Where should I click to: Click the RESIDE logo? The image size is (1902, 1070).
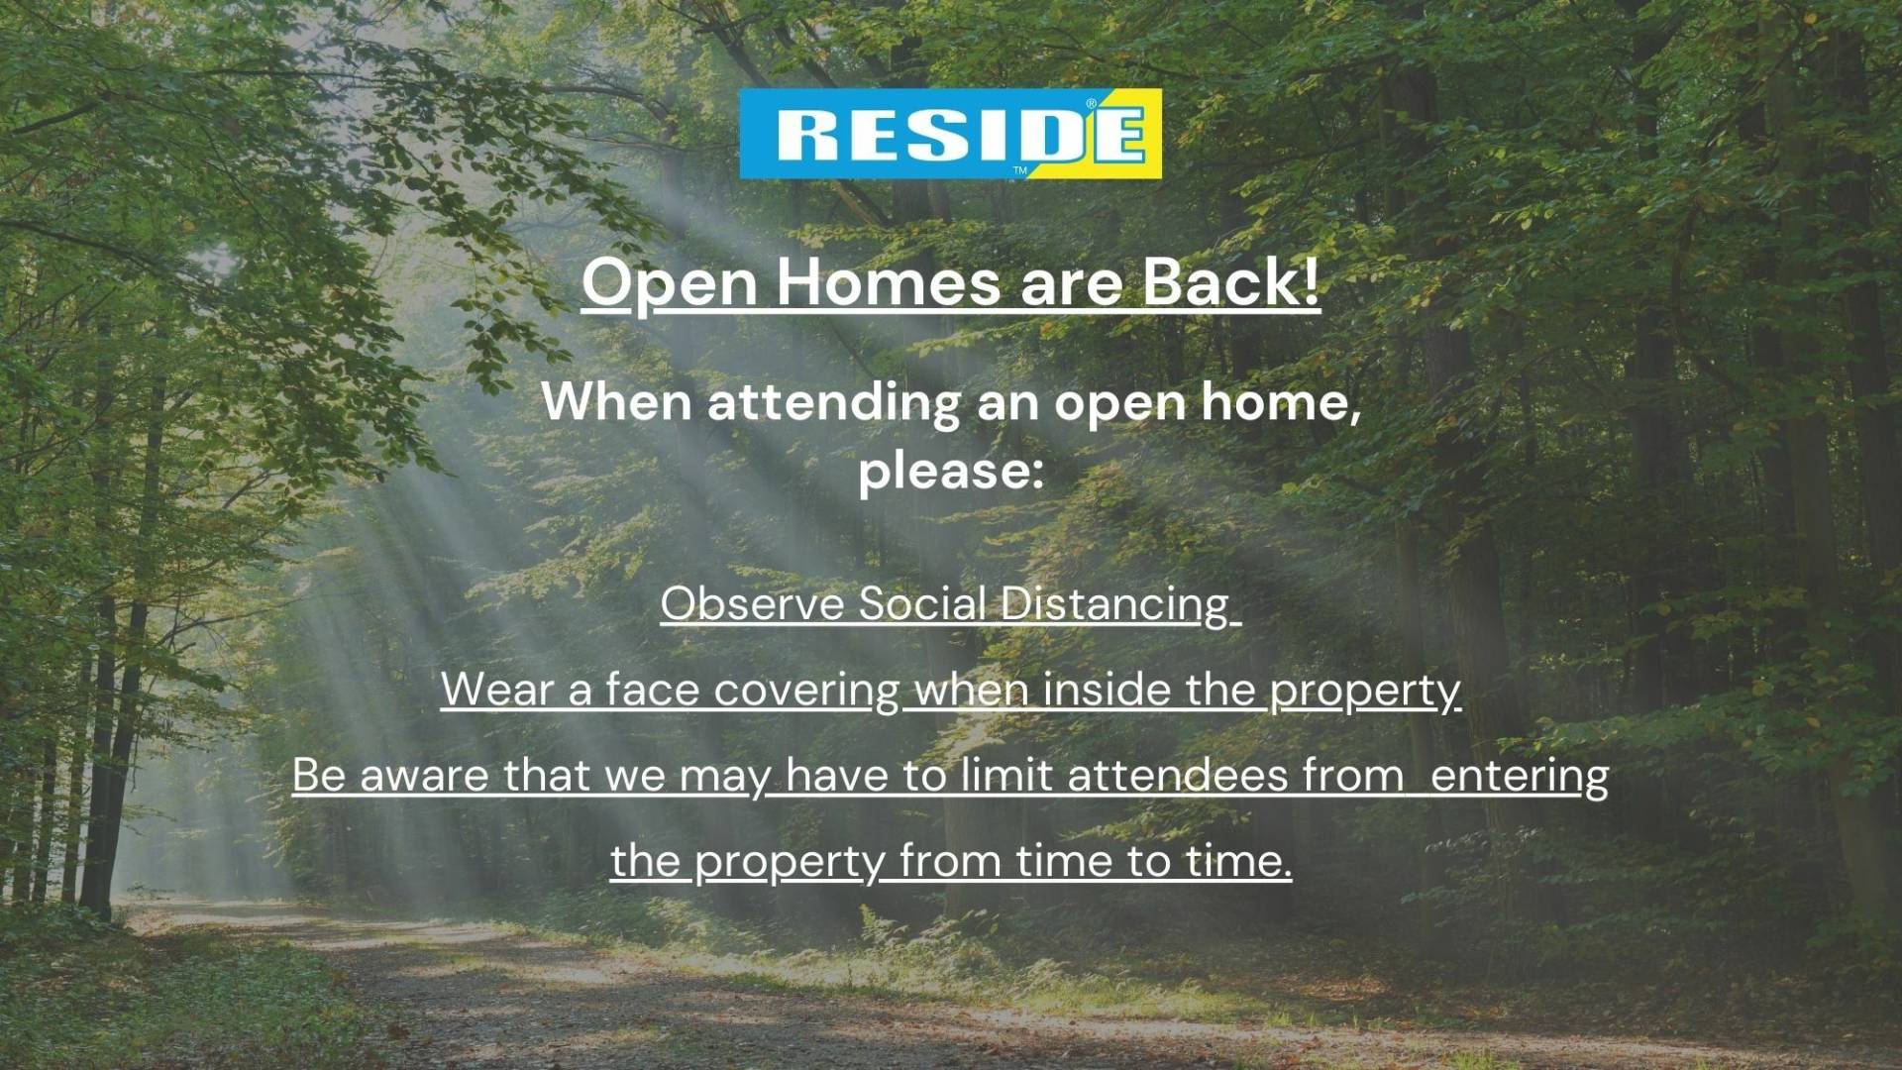tap(950, 134)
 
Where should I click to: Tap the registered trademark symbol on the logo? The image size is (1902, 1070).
tap(1092, 103)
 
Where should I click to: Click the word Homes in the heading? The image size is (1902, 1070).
tap(889, 282)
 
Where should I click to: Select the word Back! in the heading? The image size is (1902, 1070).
tap(1231, 282)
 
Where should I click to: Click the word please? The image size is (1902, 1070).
tap(951, 470)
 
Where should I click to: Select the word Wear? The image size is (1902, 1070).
tap(497, 690)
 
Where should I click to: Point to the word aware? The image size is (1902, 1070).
tap(424, 775)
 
